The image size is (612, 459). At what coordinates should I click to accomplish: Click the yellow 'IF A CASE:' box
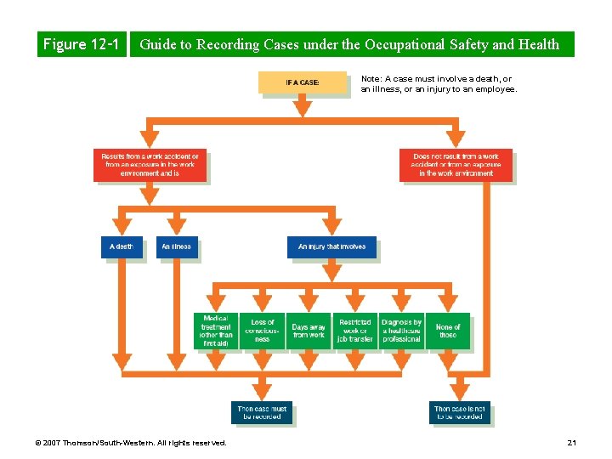coord(303,82)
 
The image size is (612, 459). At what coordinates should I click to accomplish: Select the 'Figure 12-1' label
coord(81,44)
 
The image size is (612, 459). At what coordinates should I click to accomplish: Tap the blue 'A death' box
coord(122,246)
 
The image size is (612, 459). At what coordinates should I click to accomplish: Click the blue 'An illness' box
coord(177,246)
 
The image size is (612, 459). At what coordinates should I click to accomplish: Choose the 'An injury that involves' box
coord(331,246)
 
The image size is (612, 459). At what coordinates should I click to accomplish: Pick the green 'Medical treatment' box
coord(215,331)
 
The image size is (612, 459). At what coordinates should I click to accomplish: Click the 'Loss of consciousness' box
coord(262,331)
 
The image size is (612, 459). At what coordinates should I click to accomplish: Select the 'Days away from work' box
coord(309,331)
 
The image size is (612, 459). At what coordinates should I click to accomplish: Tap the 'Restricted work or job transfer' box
coord(354,331)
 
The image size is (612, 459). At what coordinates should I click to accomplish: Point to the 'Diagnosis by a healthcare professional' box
coord(401,331)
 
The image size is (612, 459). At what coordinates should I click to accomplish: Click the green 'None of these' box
coord(448,331)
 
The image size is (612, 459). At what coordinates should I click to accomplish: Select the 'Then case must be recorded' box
coord(262,412)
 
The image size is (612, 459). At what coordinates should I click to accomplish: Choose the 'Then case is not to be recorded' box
coord(459,412)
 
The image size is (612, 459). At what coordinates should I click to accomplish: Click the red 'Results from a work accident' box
coord(150,165)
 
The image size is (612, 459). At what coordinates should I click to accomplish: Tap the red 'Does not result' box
coord(456,165)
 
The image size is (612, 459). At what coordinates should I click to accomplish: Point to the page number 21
coord(571,443)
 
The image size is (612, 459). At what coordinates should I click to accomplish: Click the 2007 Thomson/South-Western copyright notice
coord(132,443)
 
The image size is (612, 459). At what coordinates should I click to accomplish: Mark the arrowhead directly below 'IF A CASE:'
coord(303,109)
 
